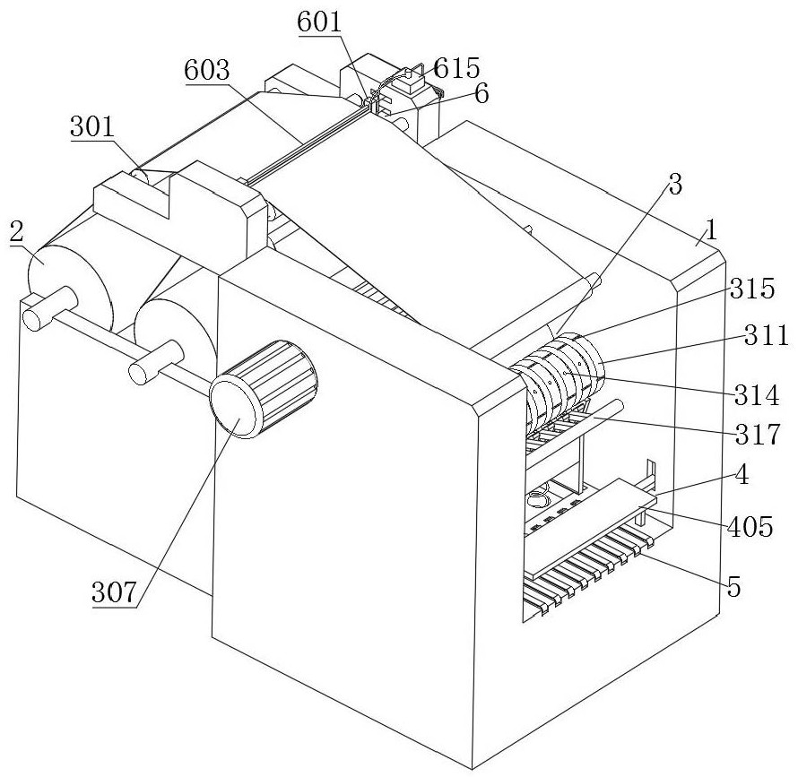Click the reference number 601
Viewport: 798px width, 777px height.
[319, 22]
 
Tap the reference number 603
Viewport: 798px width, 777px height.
[207, 70]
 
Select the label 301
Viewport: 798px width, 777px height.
[92, 126]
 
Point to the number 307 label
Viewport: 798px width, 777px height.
[114, 591]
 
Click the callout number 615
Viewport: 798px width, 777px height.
[456, 68]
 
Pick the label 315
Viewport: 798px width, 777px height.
[751, 289]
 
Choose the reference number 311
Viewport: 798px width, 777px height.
[766, 335]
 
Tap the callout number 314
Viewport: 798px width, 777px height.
[756, 395]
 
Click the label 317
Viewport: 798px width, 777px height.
[758, 435]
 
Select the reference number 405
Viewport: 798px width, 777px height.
[750, 527]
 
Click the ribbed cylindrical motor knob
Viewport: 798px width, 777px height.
[264, 389]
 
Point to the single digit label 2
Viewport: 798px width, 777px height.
[17, 232]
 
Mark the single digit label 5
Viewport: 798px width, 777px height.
[733, 587]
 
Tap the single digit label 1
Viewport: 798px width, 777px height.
[711, 230]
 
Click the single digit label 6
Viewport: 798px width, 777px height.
[481, 93]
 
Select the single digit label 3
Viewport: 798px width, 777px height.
[675, 185]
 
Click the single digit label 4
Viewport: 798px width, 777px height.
[742, 475]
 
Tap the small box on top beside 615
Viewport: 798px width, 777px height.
[412, 82]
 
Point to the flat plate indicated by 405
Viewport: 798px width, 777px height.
[590, 527]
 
